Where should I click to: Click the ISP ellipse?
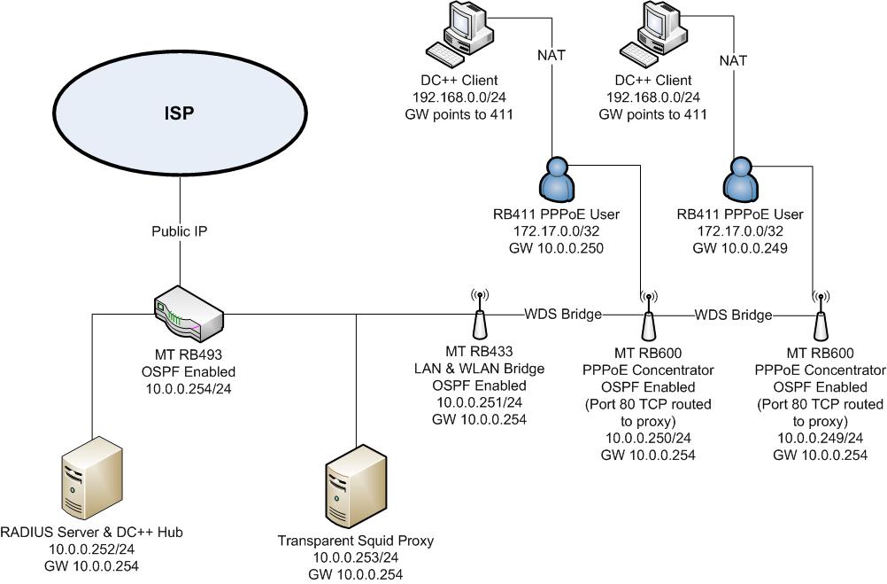[179, 113]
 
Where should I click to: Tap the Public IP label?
[180, 232]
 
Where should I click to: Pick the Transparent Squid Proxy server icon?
[355, 492]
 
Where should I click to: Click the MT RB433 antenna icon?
[479, 314]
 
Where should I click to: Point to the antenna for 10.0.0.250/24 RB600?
[648, 314]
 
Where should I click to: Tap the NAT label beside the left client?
[551, 55]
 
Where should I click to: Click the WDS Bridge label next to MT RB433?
[563, 314]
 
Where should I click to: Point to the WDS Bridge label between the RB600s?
[733, 315]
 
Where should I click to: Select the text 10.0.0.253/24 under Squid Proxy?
[354, 557]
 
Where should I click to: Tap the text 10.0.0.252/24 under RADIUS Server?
[92, 549]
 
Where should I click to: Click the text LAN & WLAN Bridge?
[479, 369]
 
